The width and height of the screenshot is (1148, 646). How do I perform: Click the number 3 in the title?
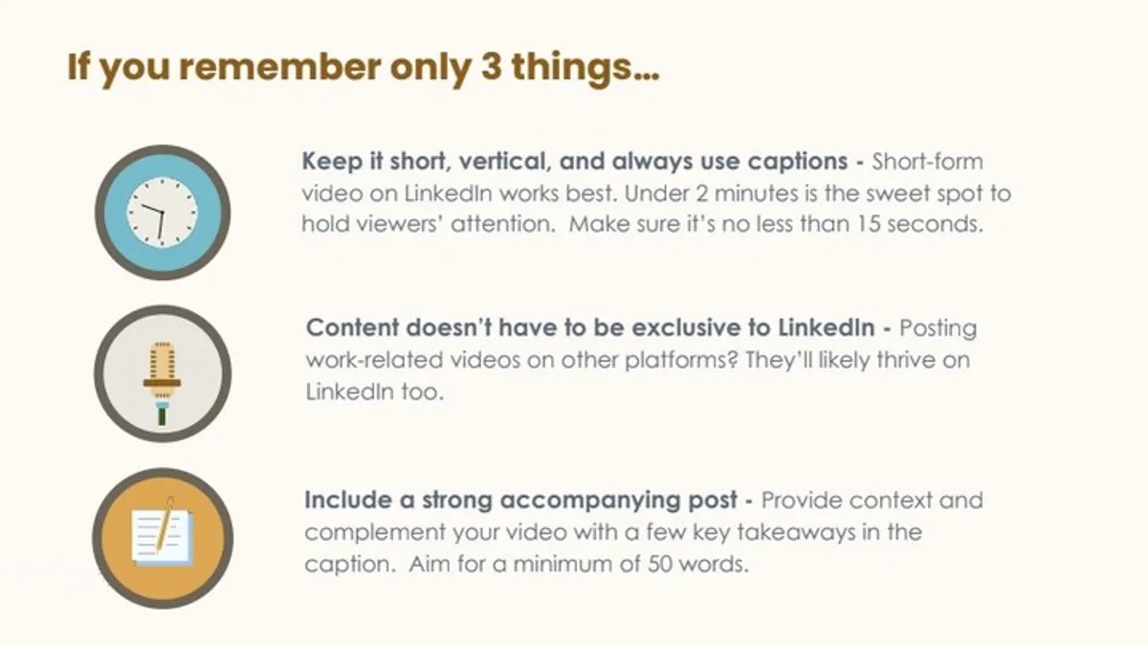491,67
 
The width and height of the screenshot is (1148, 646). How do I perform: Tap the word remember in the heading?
279,67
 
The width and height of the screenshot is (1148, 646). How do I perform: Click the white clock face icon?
162,212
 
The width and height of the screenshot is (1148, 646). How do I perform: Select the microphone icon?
162,382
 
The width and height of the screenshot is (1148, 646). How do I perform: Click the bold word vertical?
505,162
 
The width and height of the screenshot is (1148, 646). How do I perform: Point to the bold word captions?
798,162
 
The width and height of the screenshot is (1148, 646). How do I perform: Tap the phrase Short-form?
928,162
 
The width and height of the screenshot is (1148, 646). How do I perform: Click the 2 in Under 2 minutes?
702,193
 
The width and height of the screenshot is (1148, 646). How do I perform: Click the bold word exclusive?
698,328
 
